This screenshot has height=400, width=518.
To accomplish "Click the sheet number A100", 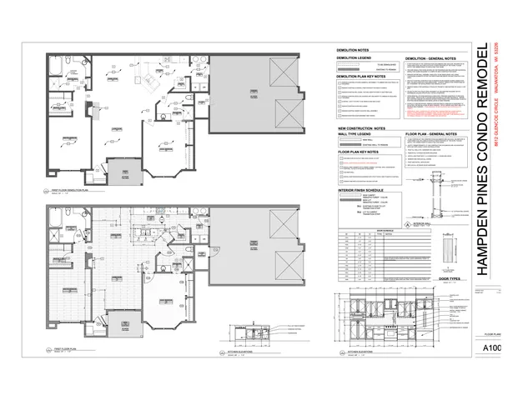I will (491, 348).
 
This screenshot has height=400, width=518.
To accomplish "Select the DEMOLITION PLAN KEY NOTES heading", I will (364, 76).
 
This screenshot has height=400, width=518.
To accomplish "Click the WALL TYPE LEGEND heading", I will (355, 134).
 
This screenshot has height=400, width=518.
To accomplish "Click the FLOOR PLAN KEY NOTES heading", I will (359, 152).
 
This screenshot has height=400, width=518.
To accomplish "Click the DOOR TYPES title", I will (449, 280).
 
